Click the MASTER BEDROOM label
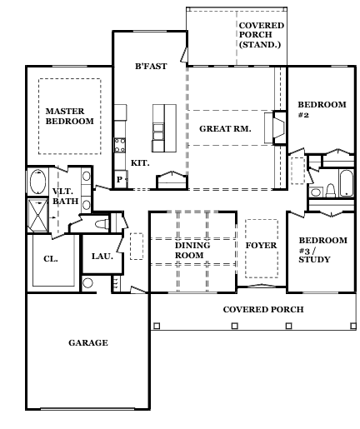pos(69,116)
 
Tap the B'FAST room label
pos(151,66)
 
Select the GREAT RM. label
pos(225,129)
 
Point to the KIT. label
pos(140,163)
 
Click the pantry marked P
pos(120,180)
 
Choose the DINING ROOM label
pos(192,250)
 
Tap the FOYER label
pos(261,246)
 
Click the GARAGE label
pos(88,342)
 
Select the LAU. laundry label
pos(102,256)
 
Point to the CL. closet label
pos(51,259)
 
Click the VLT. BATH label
pos(65,196)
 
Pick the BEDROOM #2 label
pos(322,109)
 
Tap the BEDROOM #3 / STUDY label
pos(322,250)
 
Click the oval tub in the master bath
pos(37,182)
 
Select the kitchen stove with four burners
pos(120,145)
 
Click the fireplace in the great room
pos(278,127)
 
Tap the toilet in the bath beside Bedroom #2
pos(331,191)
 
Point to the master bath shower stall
pos(38,215)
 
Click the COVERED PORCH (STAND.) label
pos(261,35)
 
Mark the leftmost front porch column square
pos(157,326)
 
